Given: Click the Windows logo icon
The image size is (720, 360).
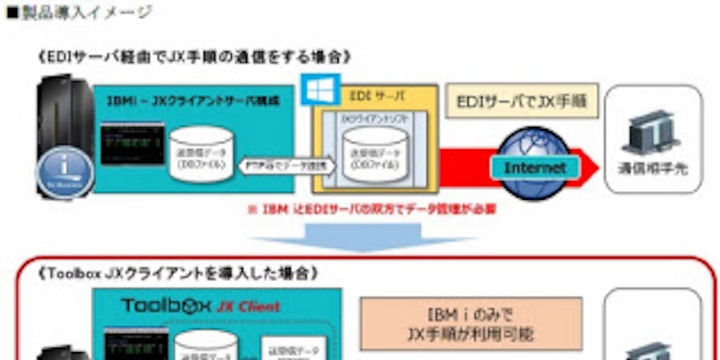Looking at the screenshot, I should tap(320, 89).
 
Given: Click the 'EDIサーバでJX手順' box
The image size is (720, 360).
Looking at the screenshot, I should tap(523, 100).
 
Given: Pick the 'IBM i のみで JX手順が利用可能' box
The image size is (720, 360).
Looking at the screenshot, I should tap(470, 326).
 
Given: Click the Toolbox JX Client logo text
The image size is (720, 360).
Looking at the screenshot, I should tap(201, 305).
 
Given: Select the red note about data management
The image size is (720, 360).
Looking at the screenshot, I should tap(372, 210).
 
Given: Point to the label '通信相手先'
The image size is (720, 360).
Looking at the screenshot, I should tap(653, 169).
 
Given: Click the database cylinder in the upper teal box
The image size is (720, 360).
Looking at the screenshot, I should tap(202, 154).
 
